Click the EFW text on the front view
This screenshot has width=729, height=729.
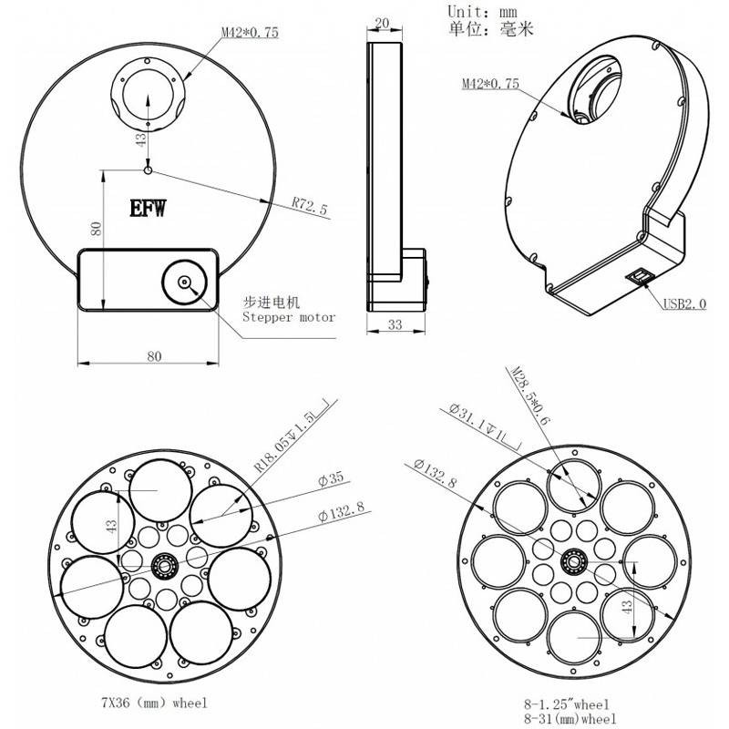click(x=148, y=209)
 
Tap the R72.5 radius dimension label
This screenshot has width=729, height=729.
click(x=310, y=206)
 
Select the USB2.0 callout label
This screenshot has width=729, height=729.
click(x=684, y=304)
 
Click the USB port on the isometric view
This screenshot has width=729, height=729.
click(x=641, y=277)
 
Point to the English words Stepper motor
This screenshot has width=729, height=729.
click(x=289, y=317)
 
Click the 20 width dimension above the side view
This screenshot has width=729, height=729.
click(x=382, y=24)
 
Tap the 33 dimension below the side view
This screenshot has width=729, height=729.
click(x=395, y=324)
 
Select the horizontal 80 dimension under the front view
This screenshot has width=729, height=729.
click(x=154, y=356)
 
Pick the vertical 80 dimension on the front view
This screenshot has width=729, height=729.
click(x=97, y=229)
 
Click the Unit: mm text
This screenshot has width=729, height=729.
click(x=482, y=11)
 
